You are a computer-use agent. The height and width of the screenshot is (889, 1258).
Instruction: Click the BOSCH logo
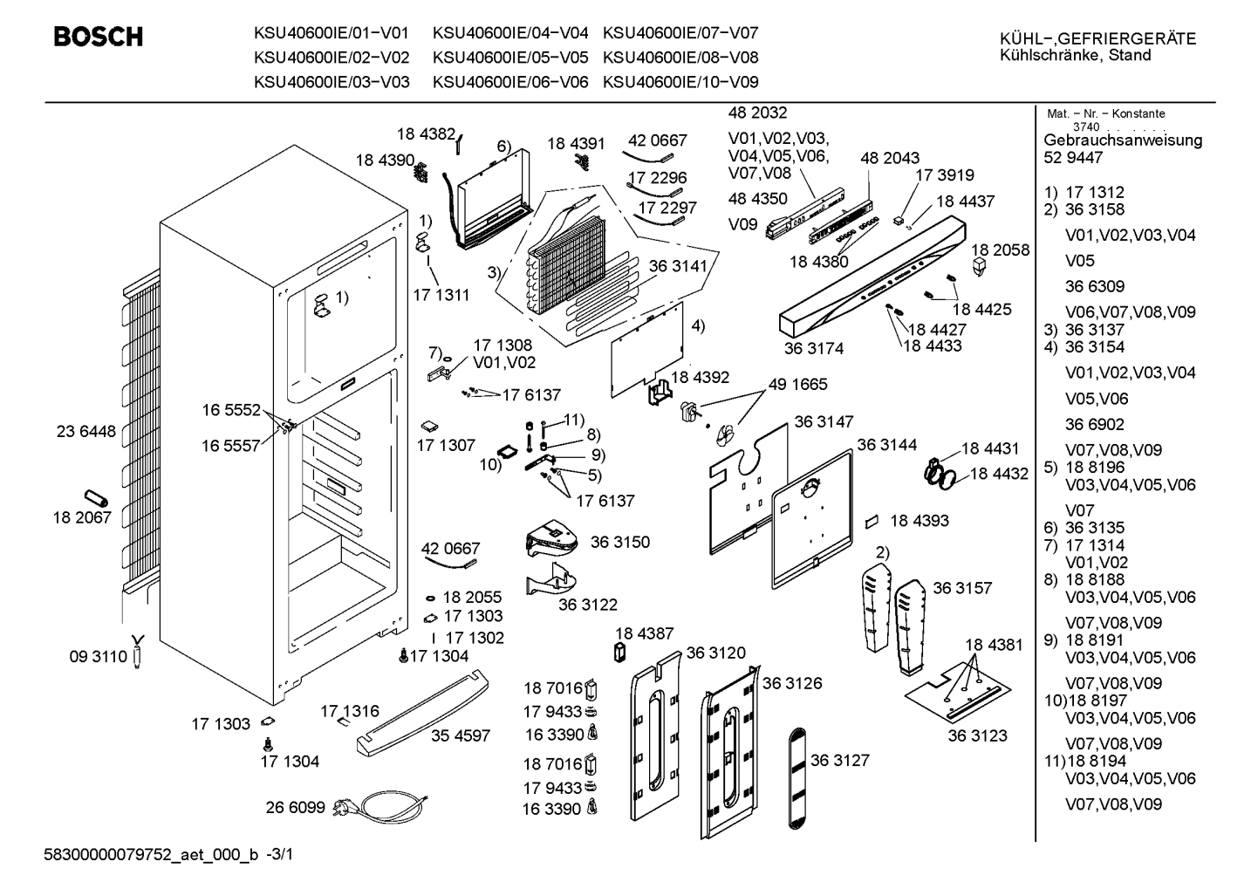pos(99,37)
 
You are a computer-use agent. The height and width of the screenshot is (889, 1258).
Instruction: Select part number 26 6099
pos(296,808)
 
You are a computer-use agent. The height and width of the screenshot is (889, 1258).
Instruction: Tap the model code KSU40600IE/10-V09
pos(680,82)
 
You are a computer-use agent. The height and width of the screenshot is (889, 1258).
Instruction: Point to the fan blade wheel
pos(725,434)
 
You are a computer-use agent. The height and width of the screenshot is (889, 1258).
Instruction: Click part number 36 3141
pos(678,265)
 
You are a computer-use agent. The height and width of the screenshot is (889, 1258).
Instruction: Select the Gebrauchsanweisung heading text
pos(1123,140)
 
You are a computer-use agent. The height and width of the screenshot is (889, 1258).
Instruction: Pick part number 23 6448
pos(85,431)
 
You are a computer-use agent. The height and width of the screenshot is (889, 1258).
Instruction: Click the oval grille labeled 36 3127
pos(797,778)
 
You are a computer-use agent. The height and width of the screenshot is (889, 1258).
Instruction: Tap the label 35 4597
pos(461,735)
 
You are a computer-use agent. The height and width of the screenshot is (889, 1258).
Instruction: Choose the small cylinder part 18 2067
pos(96,498)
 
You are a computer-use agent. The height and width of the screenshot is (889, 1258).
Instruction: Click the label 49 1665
pos(798,384)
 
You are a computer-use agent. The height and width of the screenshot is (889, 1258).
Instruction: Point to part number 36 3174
pos(814,349)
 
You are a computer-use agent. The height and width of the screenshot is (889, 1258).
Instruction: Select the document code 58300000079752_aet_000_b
pos(151,855)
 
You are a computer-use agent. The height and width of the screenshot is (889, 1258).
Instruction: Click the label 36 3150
pos(620,542)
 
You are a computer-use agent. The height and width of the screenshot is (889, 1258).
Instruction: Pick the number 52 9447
pos(1073,158)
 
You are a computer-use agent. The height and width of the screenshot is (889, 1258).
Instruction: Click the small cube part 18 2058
pos(980,267)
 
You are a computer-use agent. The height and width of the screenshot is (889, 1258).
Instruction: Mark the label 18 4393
pos(920,521)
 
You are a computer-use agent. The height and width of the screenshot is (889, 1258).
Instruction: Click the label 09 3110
pos(99,657)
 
